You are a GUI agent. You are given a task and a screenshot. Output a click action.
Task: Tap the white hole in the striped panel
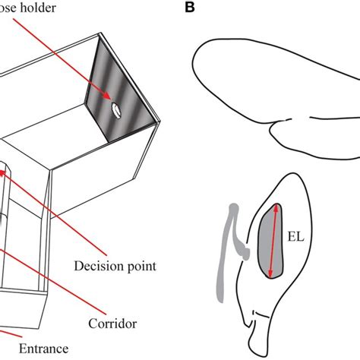coord(115,111)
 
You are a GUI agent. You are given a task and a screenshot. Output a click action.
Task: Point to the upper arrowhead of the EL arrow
coord(276,210)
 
